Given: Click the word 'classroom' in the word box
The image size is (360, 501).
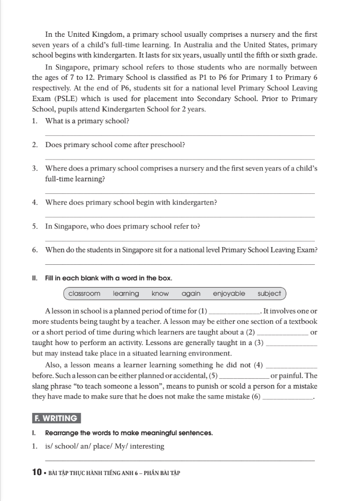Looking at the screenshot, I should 84,294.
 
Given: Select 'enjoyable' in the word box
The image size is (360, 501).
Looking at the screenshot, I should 229,294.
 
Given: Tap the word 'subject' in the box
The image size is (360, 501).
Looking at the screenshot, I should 269,294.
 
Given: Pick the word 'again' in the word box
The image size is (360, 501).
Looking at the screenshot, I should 191,294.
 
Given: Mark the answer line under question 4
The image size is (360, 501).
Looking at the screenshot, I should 180,217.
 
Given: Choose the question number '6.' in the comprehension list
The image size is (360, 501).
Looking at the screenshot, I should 35,250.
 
